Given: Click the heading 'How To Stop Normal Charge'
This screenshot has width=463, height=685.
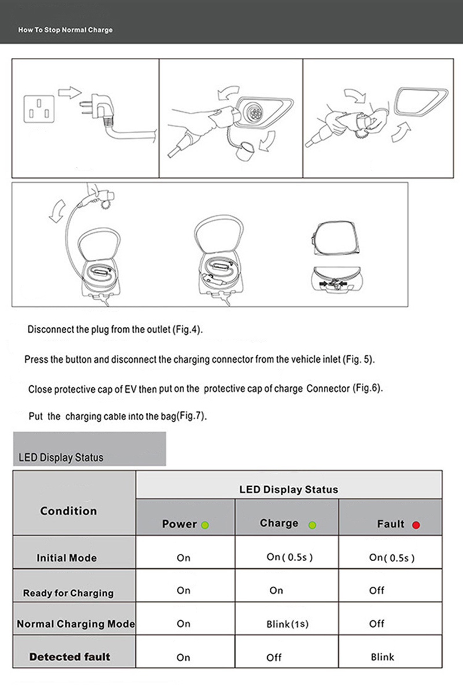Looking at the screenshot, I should tap(65, 30).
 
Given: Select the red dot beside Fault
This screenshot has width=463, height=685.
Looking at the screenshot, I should tap(416, 525).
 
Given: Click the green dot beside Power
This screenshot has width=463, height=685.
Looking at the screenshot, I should tap(204, 525).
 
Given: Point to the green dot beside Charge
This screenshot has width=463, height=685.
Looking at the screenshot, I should tap(313, 525).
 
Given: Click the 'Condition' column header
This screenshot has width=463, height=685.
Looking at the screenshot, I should tap(68, 511).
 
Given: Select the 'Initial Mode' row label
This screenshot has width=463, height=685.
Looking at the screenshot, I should tap(67, 558).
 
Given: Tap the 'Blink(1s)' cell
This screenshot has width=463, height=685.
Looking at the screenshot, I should tap(287, 624).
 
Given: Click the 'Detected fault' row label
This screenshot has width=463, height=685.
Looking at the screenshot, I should tap(69, 657).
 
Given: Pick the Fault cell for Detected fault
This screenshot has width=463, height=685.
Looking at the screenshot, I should tap(382, 657).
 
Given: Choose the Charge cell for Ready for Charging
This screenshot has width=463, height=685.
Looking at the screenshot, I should tap(277, 591).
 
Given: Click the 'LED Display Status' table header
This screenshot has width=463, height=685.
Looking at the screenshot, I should tap(288, 489).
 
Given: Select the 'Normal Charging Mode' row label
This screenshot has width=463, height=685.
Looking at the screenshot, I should tap(75, 624).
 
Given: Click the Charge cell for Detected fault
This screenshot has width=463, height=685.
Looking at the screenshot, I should tap(274, 658).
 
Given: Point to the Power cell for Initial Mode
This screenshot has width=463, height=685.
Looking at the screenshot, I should tap(183, 558).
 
